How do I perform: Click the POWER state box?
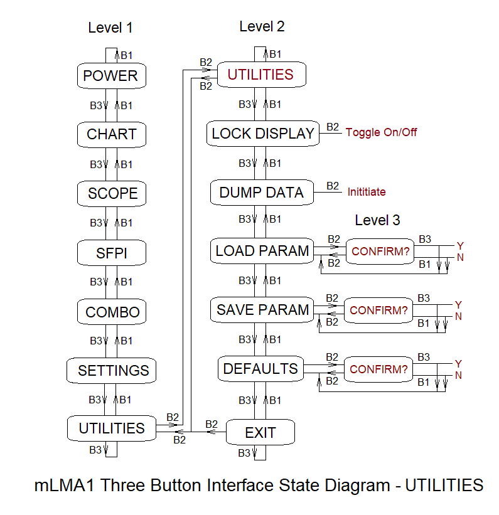[x=110, y=76]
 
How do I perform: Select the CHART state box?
[x=111, y=134]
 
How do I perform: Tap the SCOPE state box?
[x=112, y=193]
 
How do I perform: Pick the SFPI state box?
[x=112, y=253]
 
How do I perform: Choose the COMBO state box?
[x=112, y=312]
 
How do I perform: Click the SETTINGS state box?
[x=112, y=370]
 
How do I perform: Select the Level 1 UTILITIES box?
[x=112, y=428]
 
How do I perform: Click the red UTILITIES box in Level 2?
[x=260, y=75]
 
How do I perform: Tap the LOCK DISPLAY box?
[x=263, y=134]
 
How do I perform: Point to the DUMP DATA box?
[x=262, y=193]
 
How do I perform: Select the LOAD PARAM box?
[x=262, y=252]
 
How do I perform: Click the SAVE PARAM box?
[x=262, y=310]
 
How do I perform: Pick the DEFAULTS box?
[x=260, y=369]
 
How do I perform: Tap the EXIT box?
[x=260, y=432]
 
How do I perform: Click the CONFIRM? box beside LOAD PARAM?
[x=380, y=252]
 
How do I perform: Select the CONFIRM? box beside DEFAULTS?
[x=378, y=369]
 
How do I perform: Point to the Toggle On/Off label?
[x=381, y=132]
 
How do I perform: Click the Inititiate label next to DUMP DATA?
[x=367, y=192]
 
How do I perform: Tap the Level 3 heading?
[x=377, y=220]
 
